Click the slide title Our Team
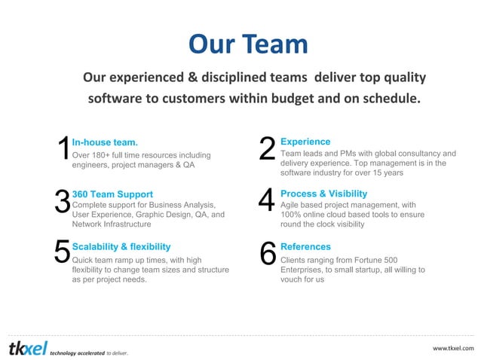point(248,44)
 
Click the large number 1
point(63,150)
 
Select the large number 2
point(267,150)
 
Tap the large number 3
point(63,202)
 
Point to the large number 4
point(267,202)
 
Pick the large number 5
point(63,254)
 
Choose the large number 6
point(268,254)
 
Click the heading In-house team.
point(105,142)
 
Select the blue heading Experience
point(305,142)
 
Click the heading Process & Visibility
point(323,194)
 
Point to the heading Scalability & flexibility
point(121,246)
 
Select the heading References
point(305,246)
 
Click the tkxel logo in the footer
point(27,348)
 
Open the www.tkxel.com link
point(453,348)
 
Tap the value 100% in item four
point(292,215)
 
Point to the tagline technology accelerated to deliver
point(89,352)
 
